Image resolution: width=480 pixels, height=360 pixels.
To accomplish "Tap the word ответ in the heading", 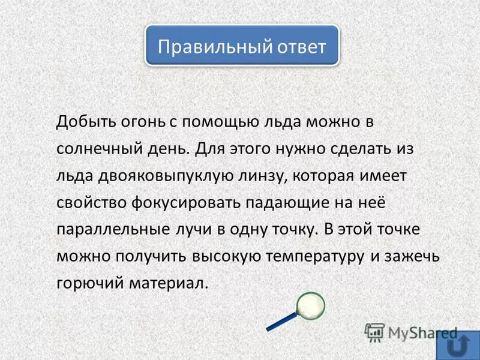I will click(298, 46).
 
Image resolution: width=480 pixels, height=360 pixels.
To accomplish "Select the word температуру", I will click(314, 256).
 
